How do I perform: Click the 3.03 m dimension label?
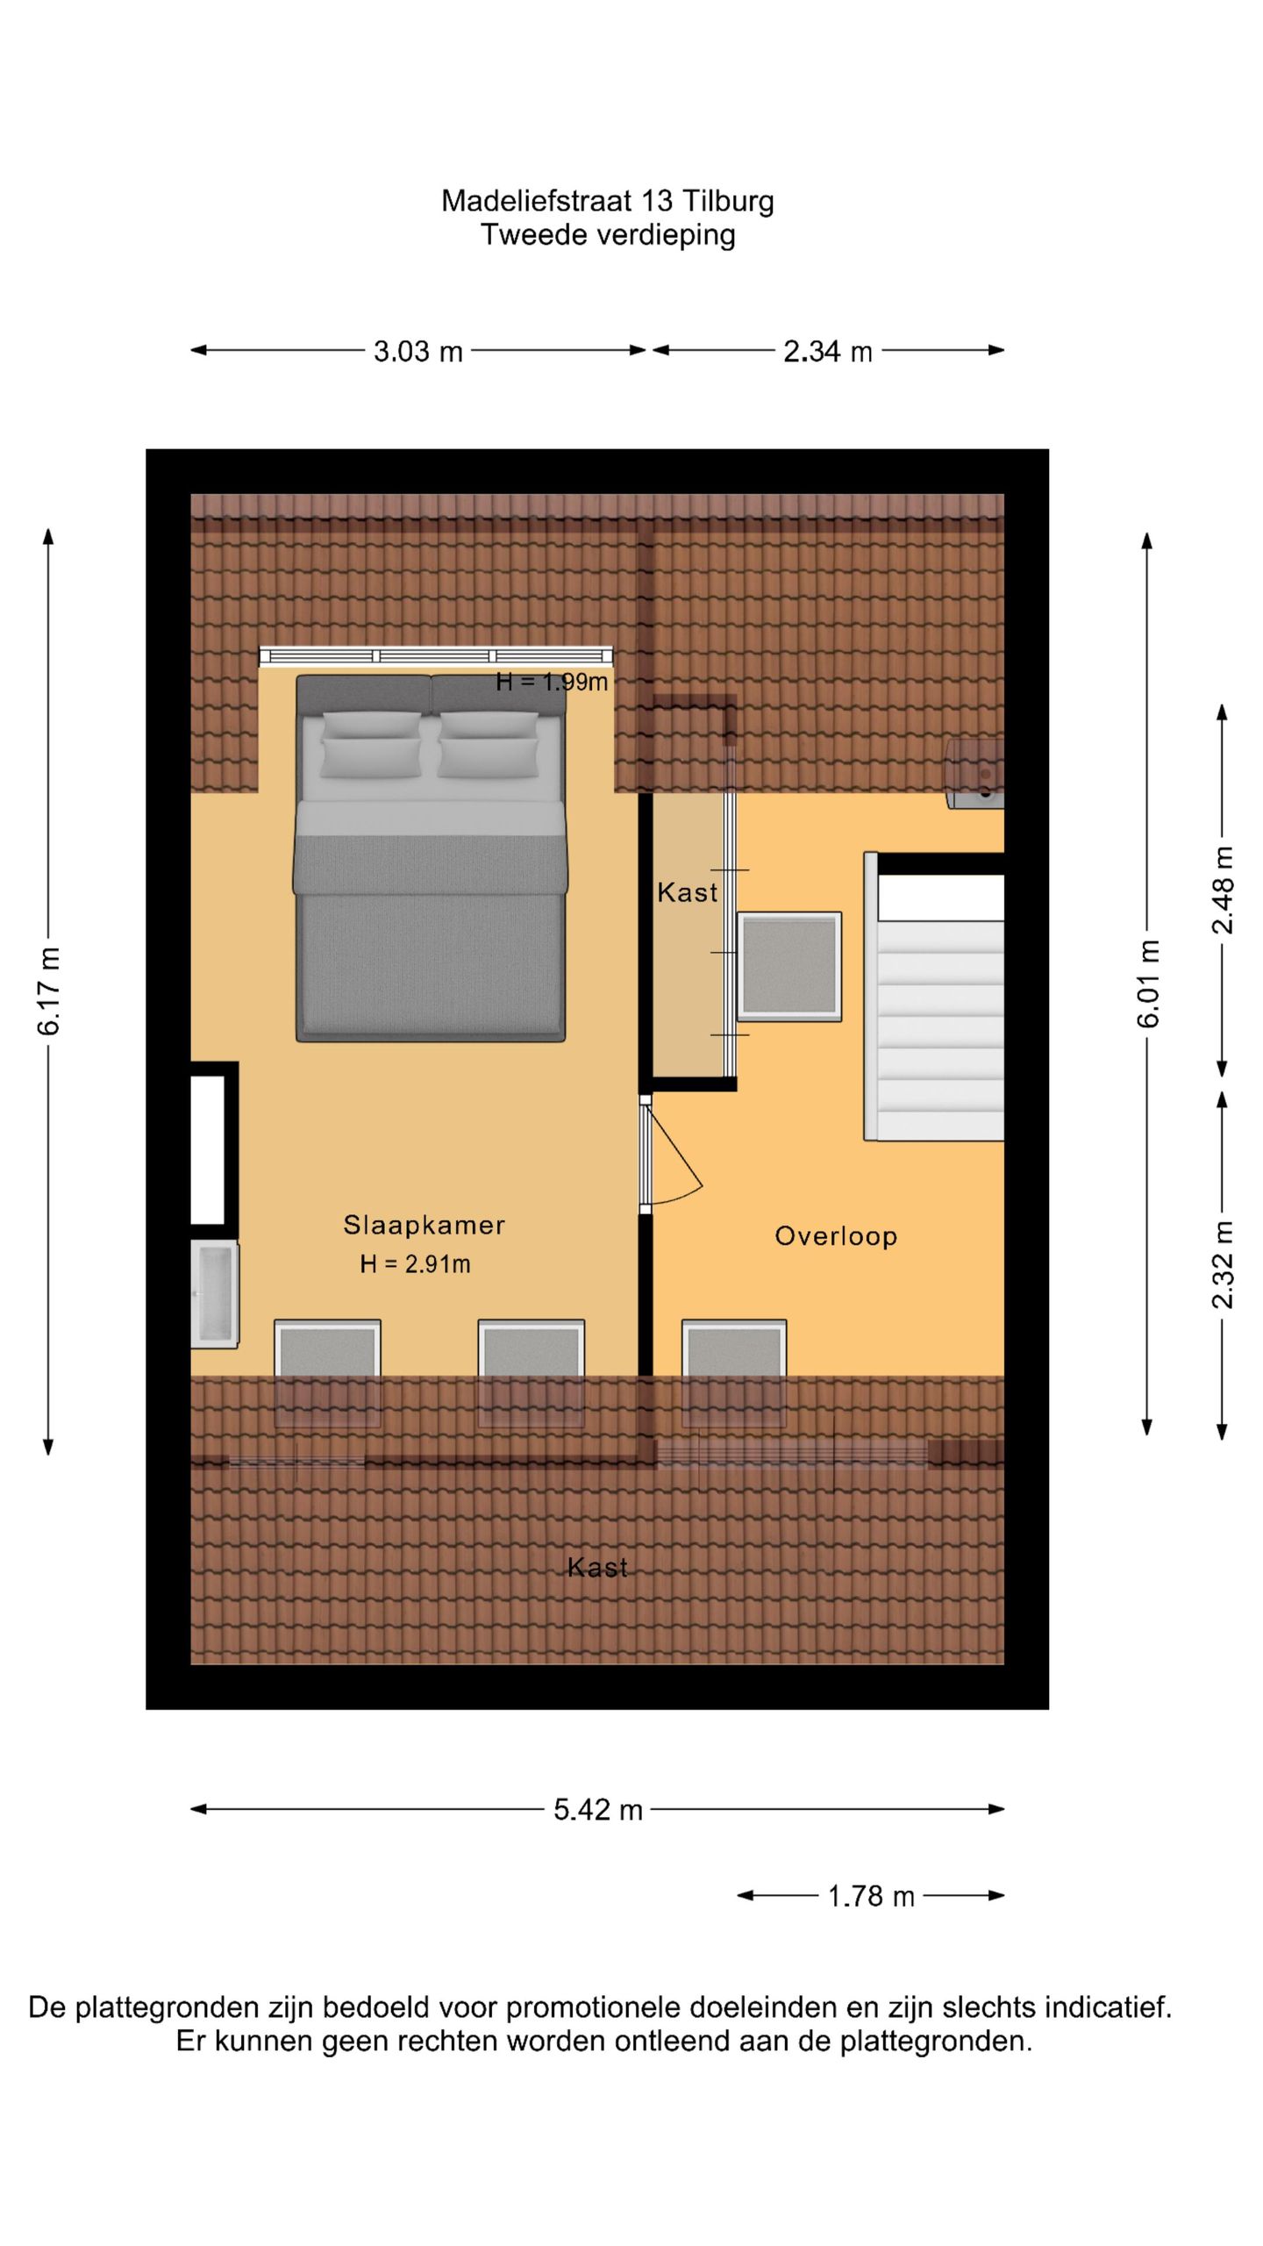pyautogui.click(x=418, y=352)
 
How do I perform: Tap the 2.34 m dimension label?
pyautogui.click(x=828, y=352)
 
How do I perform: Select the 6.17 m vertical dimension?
pyautogui.click(x=49, y=991)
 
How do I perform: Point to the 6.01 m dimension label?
pyautogui.click(x=1148, y=983)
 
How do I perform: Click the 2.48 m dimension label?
pyautogui.click(x=1223, y=890)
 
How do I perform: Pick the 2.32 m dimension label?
pyautogui.click(x=1223, y=1264)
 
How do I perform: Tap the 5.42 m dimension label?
pyautogui.click(x=598, y=1810)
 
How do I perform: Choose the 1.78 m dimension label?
pyautogui.click(x=871, y=1896)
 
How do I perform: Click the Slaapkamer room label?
pyautogui.click(x=425, y=1225)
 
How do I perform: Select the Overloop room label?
pyautogui.click(x=836, y=1236)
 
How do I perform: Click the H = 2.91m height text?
pyautogui.click(x=415, y=1264)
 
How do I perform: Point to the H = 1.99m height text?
pyautogui.click(x=552, y=682)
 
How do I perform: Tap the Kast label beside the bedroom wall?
pyautogui.click(x=688, y=892)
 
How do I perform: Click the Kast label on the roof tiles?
pyautogui.click(x=597, y=1568)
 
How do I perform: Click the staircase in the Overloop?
pyautogui.click(x=934, y=997)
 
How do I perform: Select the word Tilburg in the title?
pyautogui.click(x=728, y=202)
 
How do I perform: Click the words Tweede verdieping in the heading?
pyautogui.click(x=608, y=235)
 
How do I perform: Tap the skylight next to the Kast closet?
pyautogui.click(x=789, y=967)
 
